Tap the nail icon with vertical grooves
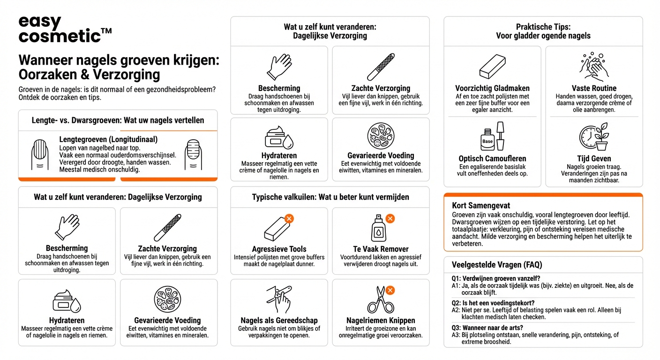(x=39, y=154)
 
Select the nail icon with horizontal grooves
(x=193, y=154)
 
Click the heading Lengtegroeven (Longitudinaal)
(x=108, y=139)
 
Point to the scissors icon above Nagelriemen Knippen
(x=380, y=300)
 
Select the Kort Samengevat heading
(x=481, y=205)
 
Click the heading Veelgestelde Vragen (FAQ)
(x=496, y=265)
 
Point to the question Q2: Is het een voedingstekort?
(x=498, y=303)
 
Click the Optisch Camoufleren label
(x=492, y=158)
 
